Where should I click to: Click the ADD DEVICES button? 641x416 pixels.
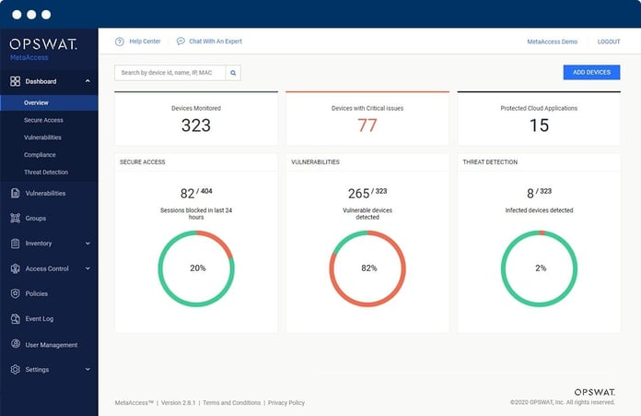[591, 72]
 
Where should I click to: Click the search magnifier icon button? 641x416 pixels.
[233, 72]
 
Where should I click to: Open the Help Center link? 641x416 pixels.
[144, 42]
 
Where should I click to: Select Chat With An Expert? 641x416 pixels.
[214, 42]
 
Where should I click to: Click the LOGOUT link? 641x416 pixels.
[608, 42]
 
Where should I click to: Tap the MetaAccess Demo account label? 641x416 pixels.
[552, 42]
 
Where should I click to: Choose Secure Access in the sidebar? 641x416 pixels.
[43, 120]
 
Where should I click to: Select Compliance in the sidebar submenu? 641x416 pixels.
[40, 155]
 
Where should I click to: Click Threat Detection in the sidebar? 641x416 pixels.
[46, 172]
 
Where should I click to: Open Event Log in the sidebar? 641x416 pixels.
[39, 319]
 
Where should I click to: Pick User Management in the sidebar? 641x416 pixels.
[51, 345]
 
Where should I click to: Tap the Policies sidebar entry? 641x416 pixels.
[37, 294]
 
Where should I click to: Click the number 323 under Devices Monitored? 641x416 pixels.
[195, 125]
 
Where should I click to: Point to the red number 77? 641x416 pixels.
[367, 125]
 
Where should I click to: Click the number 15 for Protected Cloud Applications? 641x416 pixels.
[539, 125]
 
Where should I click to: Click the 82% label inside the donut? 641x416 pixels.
[367, 267]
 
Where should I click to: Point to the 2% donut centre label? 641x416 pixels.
[540, 267]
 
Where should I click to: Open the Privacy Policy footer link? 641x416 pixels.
[286, 403]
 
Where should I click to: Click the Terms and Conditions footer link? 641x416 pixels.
[231, 403]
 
